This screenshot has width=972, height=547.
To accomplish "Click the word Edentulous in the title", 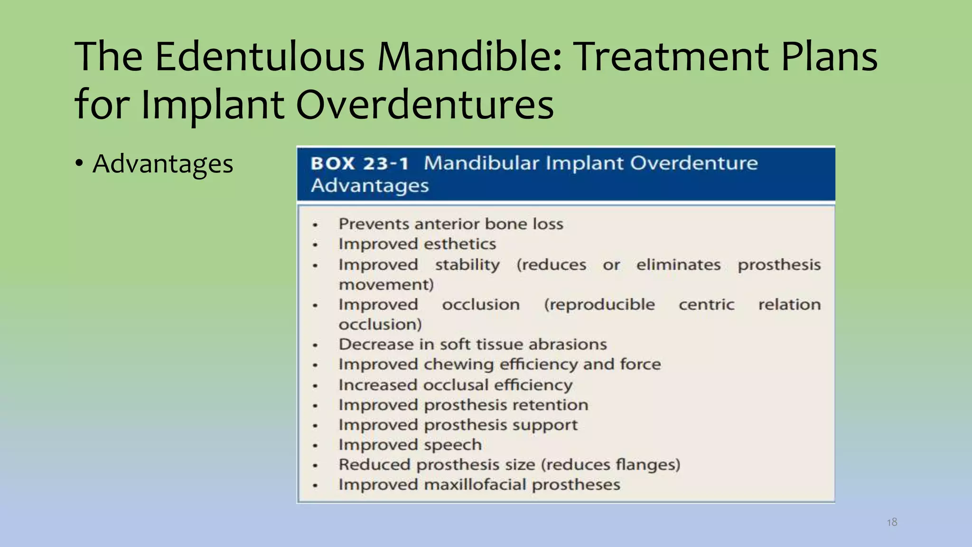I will (260, 57).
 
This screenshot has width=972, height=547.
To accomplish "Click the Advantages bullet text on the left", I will (163, 164).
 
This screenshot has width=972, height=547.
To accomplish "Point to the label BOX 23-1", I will (359, 164).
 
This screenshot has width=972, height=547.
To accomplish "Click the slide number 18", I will (892, 522).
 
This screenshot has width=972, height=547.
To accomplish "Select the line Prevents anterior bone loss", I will (451, 224).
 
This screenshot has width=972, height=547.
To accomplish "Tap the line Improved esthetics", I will (417, 244).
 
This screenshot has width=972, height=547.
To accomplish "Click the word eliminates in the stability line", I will (678, 264).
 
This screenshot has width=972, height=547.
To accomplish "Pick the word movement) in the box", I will (386, 285).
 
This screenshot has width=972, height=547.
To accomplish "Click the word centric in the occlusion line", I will (706, 304).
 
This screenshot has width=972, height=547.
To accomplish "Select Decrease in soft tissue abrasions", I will (473, 344).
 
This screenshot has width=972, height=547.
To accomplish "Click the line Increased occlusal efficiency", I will (456, 385).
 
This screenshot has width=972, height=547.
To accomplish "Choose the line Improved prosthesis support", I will (458, 425).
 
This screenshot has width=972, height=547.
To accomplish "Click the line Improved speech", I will (410, 445).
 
